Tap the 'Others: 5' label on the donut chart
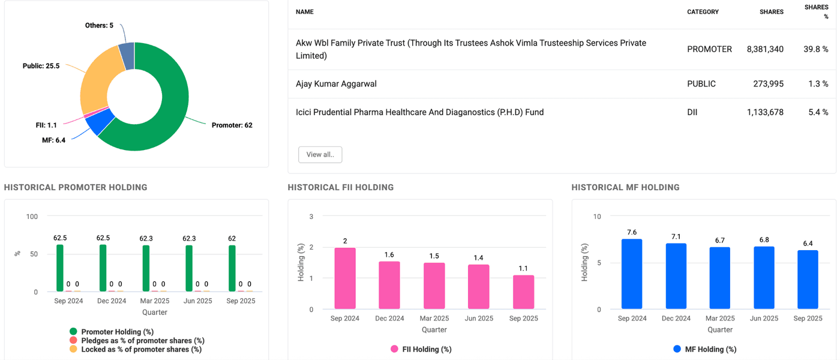coord(99,25)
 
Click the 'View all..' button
coord(320,154)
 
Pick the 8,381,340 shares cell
coord(765,49)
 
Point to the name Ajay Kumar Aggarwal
coord(336,84)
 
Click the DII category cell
coord(694,112)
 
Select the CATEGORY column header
coord(703,12)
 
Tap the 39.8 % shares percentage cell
coord(816,49)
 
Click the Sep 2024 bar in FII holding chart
coord(345,278)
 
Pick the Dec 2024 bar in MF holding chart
coord(676,276)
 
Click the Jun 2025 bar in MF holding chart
coord(764,278)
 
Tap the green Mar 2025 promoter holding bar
coord(146,268)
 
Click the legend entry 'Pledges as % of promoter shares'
coord(143,341)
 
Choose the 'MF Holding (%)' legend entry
coord(710,349)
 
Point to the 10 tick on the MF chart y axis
coord(597,217)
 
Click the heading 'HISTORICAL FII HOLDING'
coord(341,187)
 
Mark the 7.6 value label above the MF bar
coord(632,232)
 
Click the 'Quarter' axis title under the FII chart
coord(434,329)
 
